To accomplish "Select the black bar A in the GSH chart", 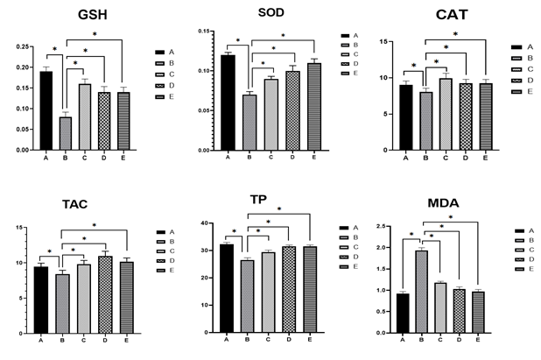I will (46, 111).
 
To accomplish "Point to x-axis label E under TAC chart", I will (126, 340).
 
